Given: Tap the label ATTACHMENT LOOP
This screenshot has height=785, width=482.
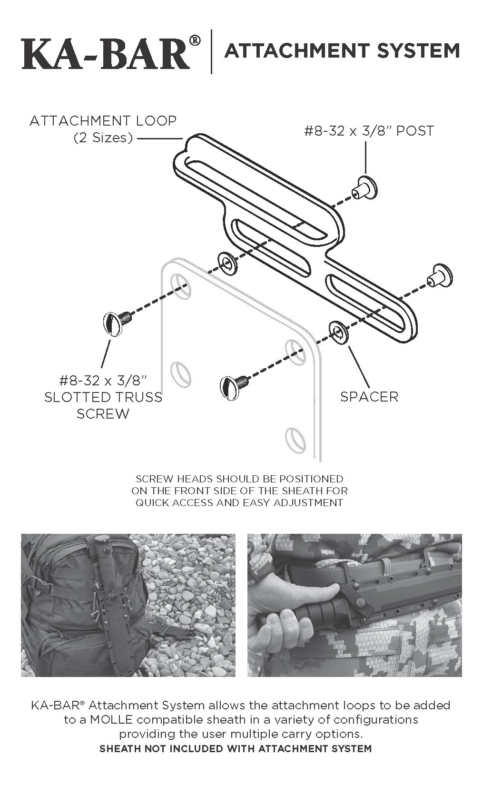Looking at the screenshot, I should (103, 121).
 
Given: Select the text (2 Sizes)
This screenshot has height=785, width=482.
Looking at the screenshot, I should (103, 138).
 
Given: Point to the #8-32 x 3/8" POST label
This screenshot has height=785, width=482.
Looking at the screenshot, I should (369, 131).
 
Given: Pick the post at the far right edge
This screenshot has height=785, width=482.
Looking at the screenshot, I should (441, 277).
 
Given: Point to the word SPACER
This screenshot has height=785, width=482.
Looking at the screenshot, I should (369, 396).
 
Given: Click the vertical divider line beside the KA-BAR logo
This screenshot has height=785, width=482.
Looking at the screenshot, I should (211, 51).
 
